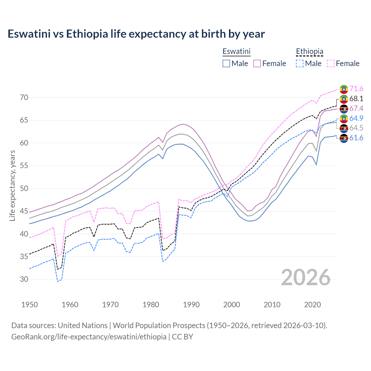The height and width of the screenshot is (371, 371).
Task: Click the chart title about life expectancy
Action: (136, 34)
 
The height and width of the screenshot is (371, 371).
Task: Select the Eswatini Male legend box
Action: (226, 63)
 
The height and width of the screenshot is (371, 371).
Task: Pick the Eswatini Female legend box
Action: (257, 63)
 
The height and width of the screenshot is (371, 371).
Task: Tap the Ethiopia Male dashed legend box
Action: (300, 63)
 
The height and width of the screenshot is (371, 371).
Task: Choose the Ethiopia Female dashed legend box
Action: (331, 63)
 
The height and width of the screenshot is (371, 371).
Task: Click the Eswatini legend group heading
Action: (236, 52)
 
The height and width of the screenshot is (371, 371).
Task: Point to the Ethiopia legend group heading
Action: (309, 52)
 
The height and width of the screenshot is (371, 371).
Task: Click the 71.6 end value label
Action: (356, 89)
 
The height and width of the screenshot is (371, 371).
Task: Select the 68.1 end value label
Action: (356, 99)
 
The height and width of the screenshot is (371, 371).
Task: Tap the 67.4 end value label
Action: (356, 108)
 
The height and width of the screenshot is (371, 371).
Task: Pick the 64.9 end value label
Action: (356, 118)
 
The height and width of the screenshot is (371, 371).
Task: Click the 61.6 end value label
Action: (356, 138)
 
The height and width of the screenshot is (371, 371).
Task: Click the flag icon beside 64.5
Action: (344, 128)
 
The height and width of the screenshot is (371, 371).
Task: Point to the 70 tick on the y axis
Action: (24, 97)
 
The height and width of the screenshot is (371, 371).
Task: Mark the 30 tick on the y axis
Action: (24, 279)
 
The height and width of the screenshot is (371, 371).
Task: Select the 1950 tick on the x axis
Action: (30, 305)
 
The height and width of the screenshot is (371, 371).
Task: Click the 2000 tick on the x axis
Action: (231, 305)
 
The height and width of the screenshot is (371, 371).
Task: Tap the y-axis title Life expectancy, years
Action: (12, 185)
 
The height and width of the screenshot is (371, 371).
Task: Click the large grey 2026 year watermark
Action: (305, 277)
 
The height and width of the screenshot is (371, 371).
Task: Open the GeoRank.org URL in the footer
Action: (89, 337)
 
